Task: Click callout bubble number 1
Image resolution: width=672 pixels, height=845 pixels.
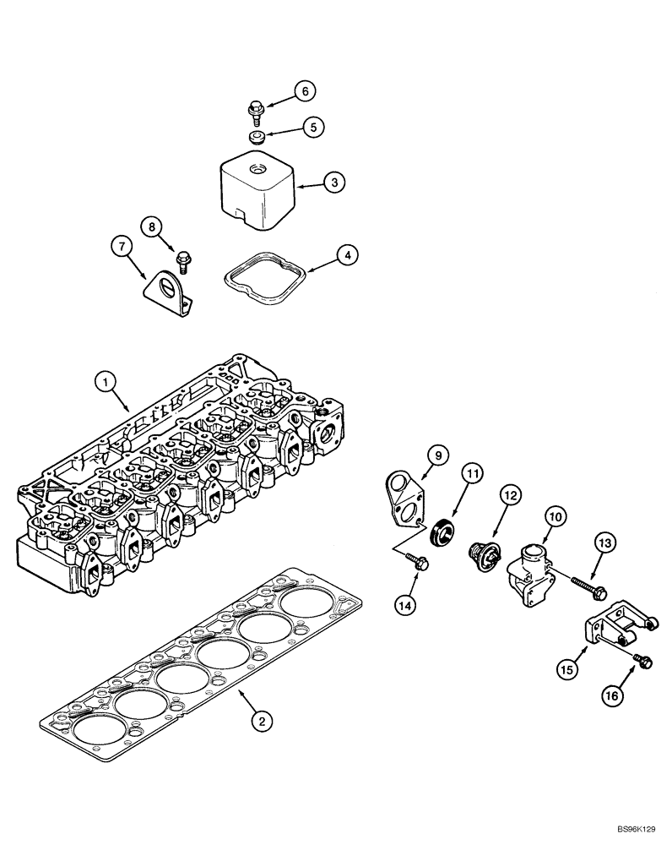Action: (106, 382)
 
